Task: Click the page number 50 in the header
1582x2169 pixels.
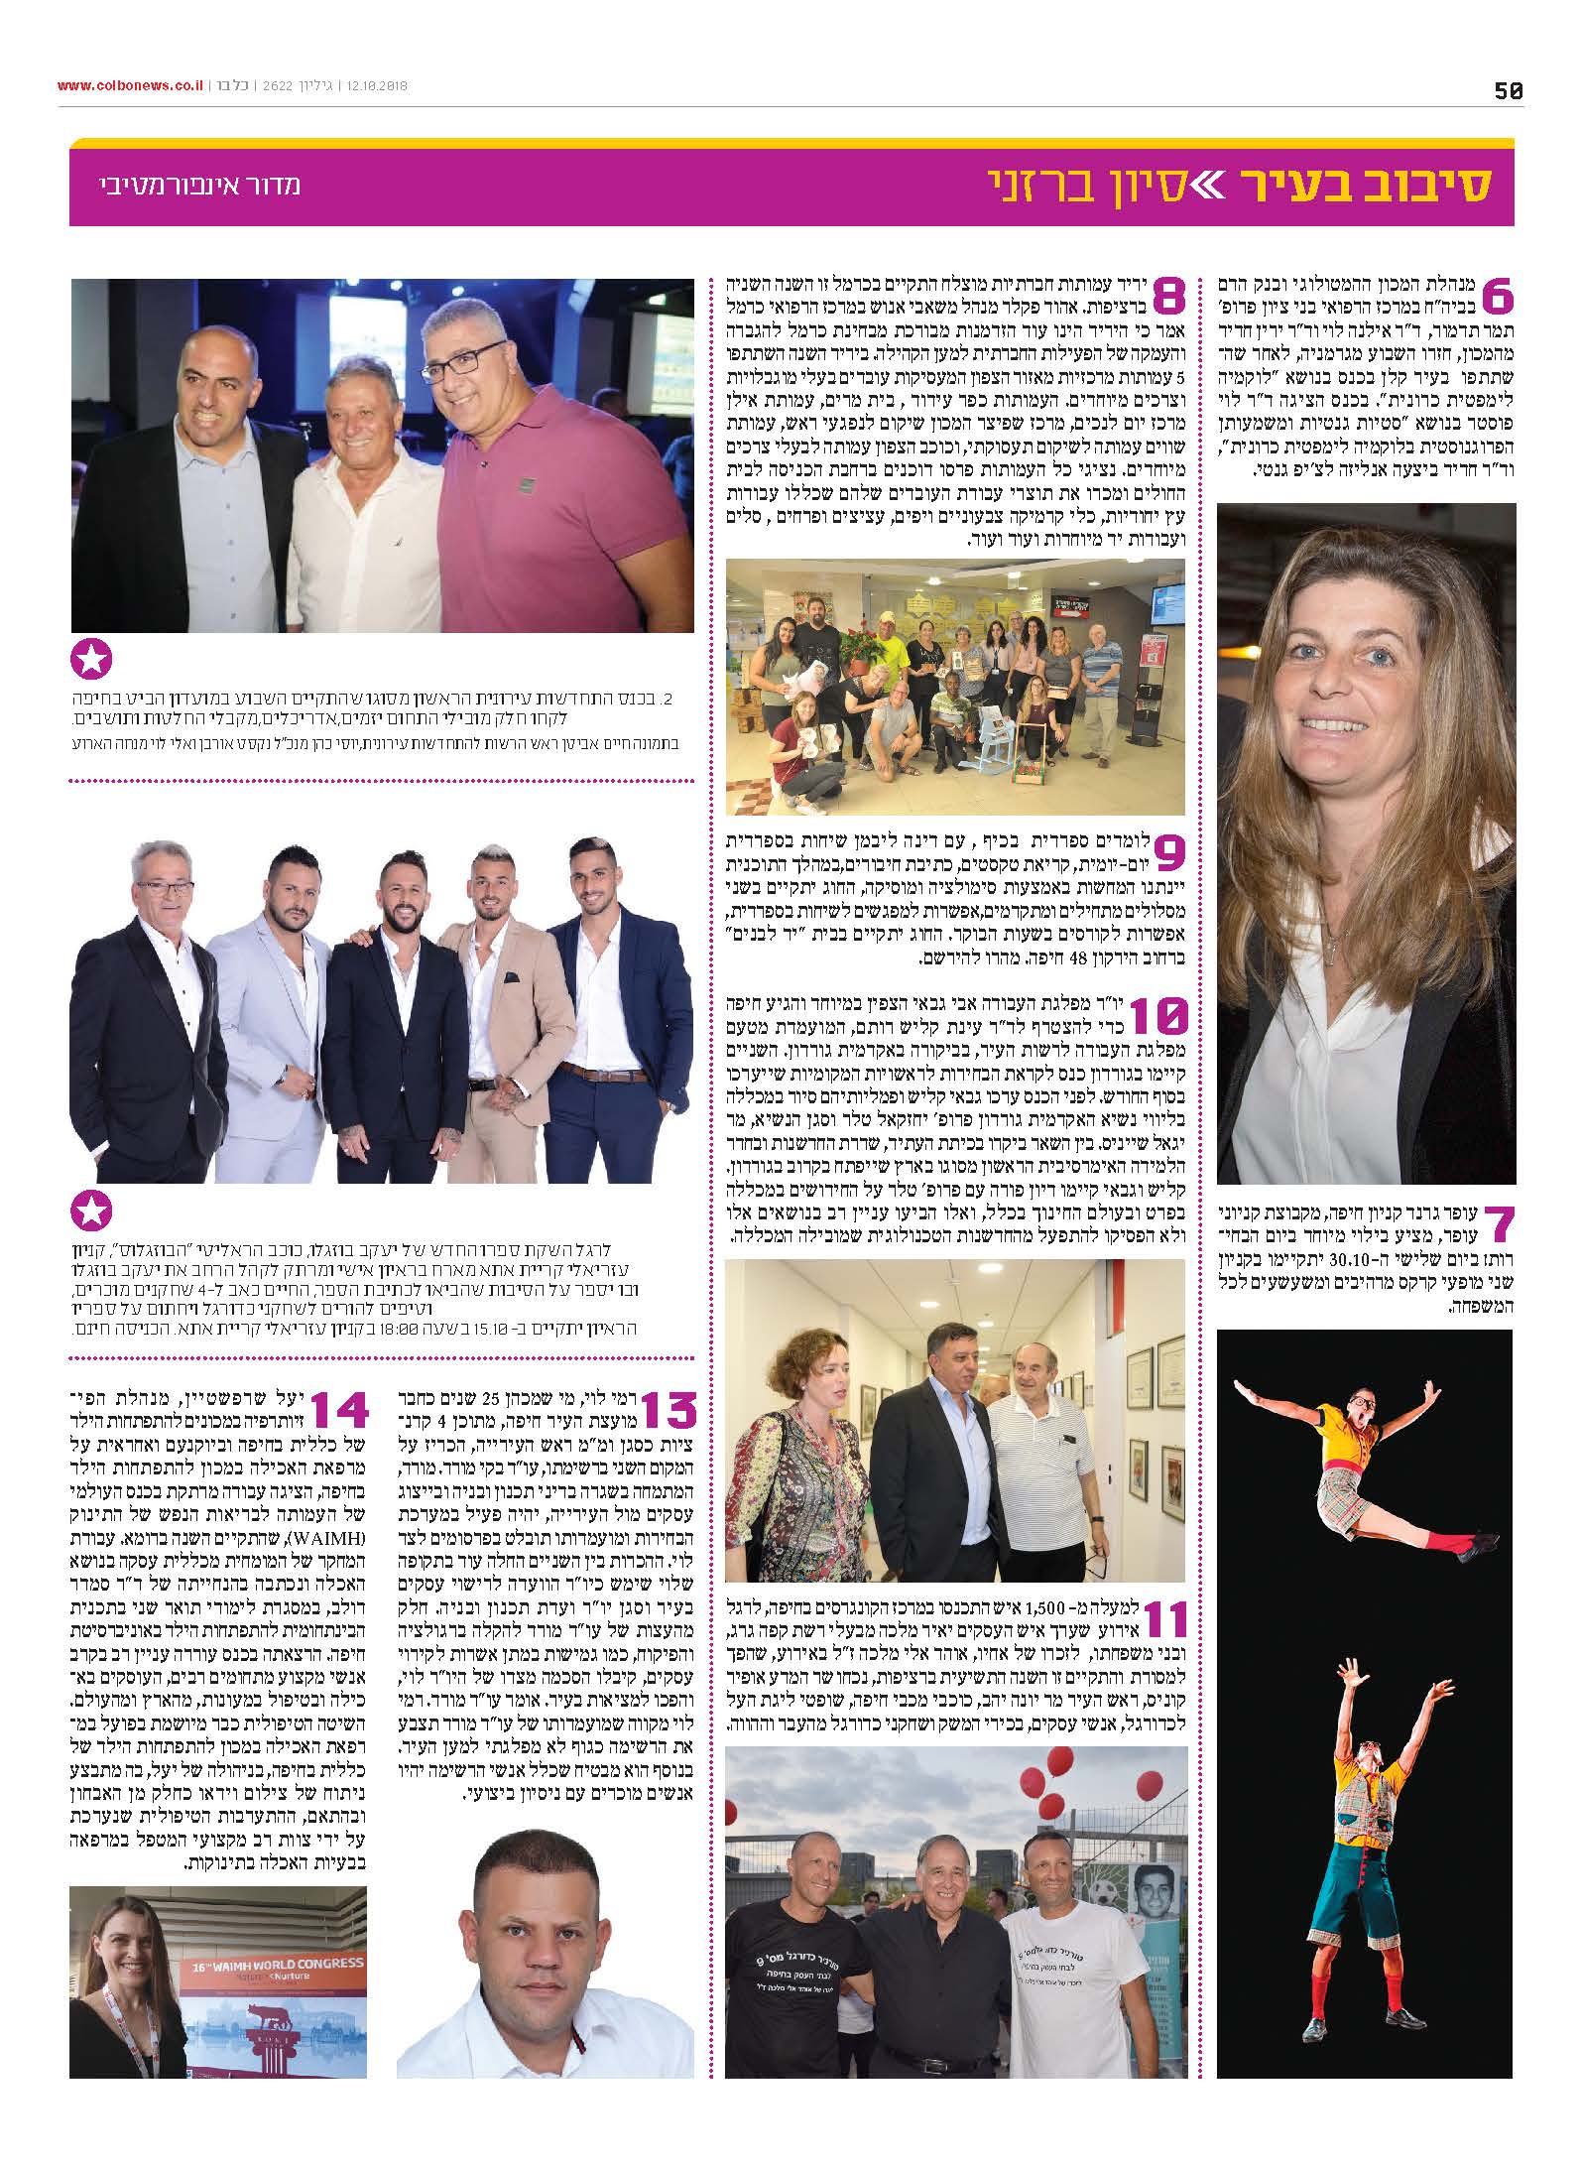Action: click(1507, 90)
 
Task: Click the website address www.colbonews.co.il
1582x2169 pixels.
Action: click(129, 85)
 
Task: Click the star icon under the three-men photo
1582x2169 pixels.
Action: click(92, 660)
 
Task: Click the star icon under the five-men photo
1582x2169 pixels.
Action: click(92, 1211)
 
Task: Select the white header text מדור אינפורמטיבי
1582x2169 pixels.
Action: click(199, 186)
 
